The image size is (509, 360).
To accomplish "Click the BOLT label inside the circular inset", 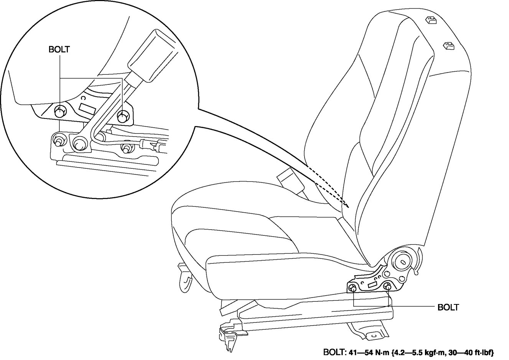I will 59,49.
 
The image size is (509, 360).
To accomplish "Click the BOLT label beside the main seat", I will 448,307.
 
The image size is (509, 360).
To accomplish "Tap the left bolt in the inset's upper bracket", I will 59,113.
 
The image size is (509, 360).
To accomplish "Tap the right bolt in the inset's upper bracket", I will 123,115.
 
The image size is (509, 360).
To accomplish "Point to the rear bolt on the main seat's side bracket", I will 387,286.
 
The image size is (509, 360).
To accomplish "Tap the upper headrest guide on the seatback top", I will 430,20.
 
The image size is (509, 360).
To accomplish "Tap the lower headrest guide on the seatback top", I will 448,46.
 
